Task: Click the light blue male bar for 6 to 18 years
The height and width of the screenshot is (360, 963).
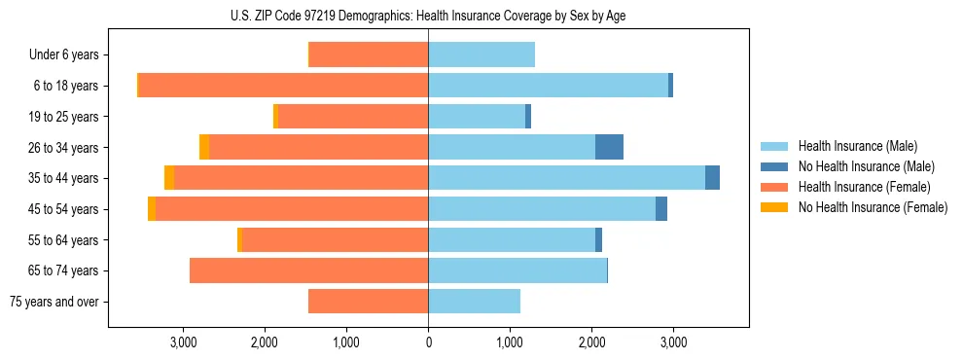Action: point(548,86)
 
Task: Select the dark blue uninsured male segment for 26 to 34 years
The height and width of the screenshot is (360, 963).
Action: point(609,147)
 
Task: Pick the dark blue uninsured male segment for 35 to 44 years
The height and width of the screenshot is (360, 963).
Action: point(712,178)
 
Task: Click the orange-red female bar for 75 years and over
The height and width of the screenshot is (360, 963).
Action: point(368,302)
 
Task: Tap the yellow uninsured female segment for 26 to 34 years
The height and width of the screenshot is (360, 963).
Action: point(204,147)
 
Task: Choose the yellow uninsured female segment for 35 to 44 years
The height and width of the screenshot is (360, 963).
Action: point(169,178)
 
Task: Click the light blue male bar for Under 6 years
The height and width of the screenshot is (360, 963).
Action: point(481,55)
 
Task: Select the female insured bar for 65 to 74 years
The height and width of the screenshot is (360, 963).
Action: point(308,270)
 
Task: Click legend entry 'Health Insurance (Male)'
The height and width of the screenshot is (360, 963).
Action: point(858,146)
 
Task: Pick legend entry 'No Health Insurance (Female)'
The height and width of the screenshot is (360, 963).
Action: point(873,207)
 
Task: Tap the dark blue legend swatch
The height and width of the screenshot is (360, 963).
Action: point(774,166)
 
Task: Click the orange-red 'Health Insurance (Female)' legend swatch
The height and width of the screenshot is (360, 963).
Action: point(774,187)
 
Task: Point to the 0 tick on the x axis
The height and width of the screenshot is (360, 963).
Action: point(428,342)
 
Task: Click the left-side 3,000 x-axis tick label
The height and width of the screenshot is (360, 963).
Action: point(184,342)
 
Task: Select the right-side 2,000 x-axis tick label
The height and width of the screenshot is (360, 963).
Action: point(591,342)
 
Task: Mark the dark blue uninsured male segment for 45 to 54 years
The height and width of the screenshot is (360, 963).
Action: point(661,209)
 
